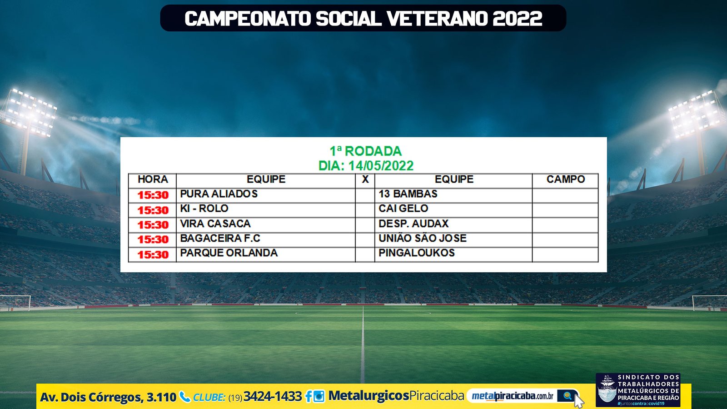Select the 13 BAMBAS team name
coord(408,194)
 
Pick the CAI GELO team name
coord(403,209)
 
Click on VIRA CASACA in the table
coord(215,224)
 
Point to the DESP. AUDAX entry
coord(413,224)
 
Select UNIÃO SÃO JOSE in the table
coord(423,238)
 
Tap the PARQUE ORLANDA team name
coord(229,253)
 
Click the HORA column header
coord(153,179)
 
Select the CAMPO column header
coord(566,179)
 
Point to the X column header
coord(365,179)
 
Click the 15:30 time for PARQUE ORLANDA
coord(153,254)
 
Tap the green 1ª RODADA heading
coord(366,151)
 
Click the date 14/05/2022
coord(381,166)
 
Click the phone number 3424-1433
coord(273,396)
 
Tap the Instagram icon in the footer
coord(319,396)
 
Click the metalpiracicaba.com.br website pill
coord(523,396)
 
